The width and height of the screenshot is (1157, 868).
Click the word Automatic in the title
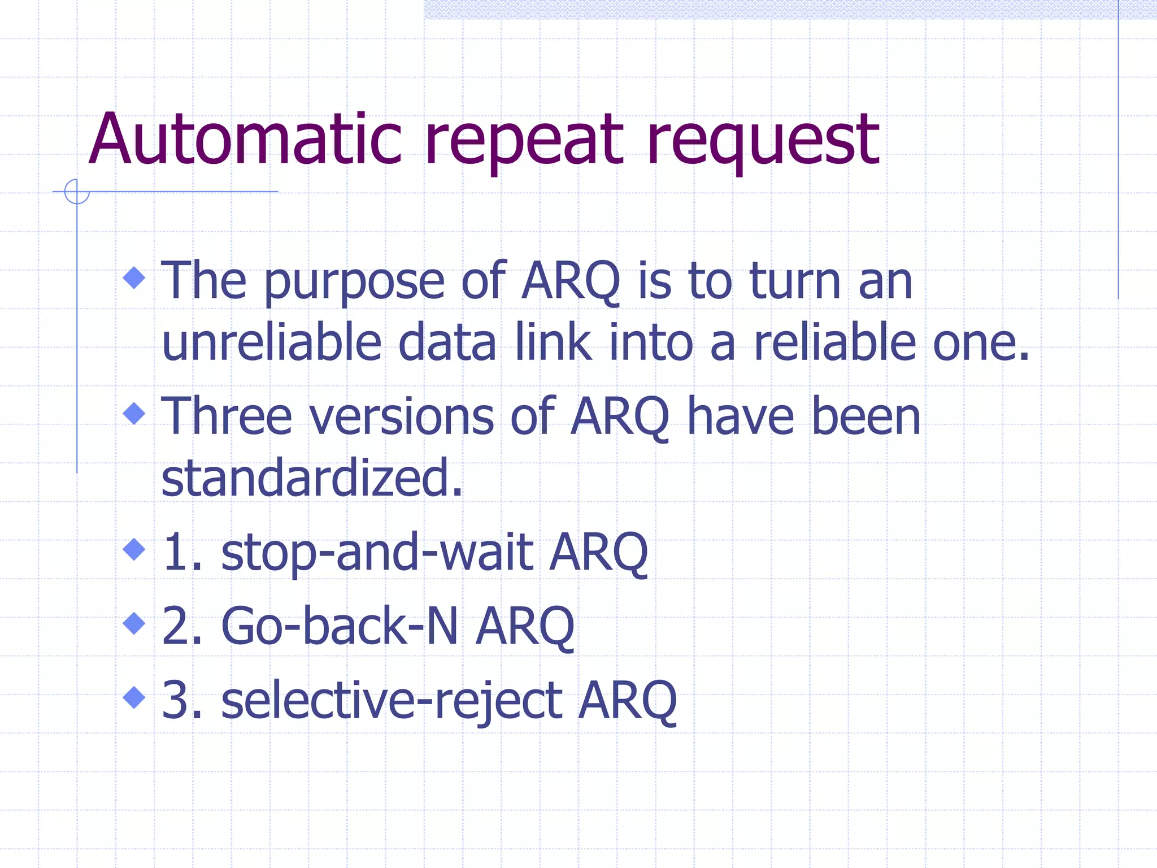[245, 140]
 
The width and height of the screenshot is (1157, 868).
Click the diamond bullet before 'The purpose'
[134, 277]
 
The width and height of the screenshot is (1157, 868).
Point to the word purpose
[354, 283]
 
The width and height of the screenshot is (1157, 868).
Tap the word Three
[227, 416]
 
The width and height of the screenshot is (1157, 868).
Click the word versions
[402, 418]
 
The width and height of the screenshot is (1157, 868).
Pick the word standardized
[311, 478]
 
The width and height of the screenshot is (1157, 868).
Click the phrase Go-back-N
[339, 626]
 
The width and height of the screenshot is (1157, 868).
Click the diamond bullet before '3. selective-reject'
[134, 697]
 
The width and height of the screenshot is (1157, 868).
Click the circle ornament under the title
[77, 192]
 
